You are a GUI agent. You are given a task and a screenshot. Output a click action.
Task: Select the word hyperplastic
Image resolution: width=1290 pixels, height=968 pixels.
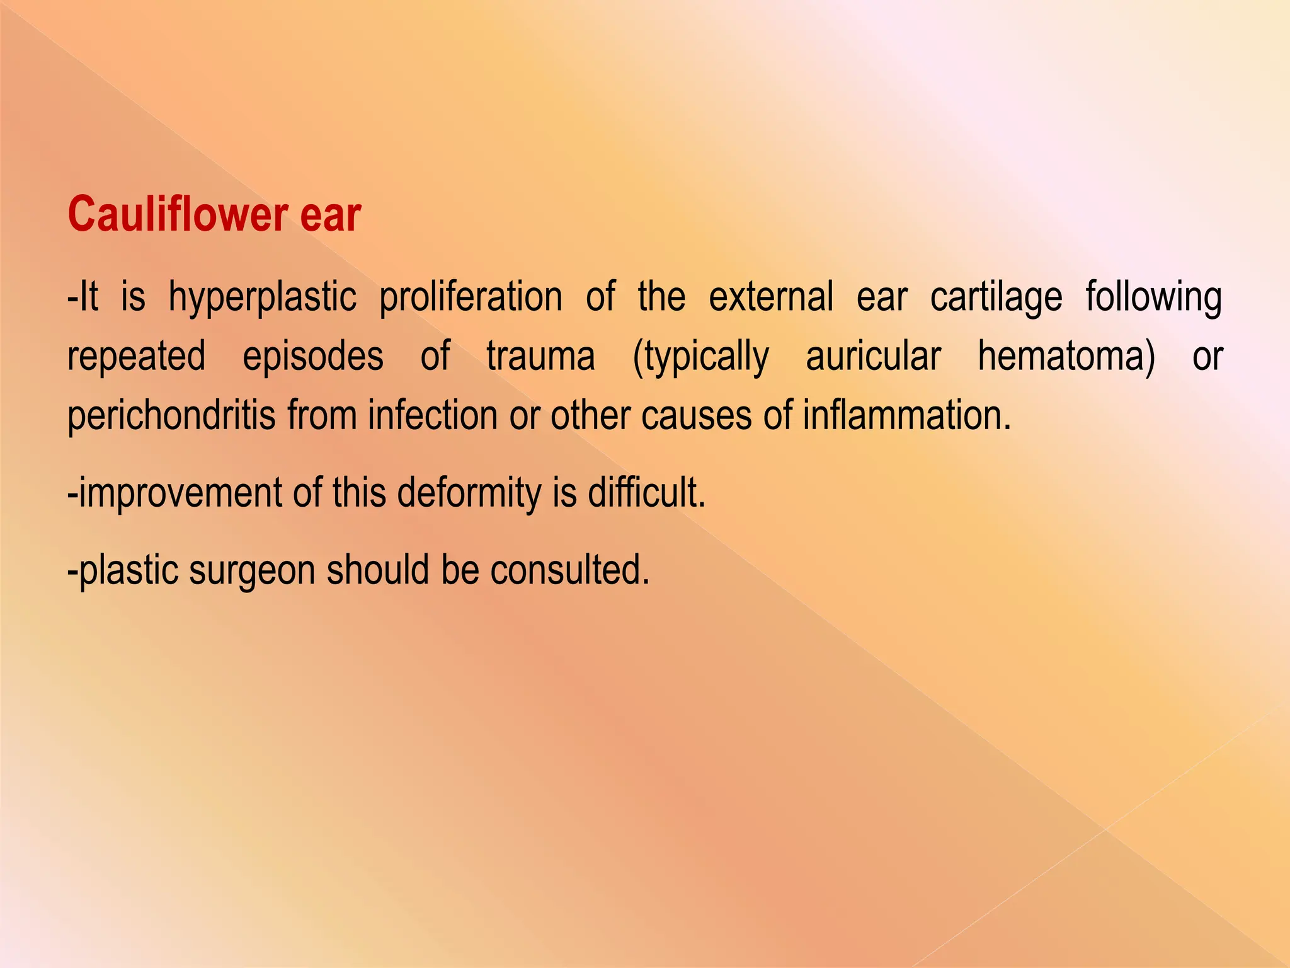(x=262, y=298)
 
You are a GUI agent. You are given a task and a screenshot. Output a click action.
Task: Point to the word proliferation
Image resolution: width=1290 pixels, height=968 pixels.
(x=471, y=298)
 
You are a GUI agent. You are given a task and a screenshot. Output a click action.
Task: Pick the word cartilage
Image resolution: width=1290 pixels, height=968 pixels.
(x=996, y=298)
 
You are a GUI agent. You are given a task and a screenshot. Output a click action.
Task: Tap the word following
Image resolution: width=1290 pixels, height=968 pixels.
(x=1153, y=298)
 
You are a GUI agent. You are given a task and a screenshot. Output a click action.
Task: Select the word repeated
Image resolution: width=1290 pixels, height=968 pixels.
(x=137, y=357)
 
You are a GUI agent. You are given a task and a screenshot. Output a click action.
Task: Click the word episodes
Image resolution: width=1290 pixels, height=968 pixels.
(x=313, y=357)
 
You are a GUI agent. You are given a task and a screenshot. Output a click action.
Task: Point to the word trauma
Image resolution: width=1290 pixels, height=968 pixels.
(x=540, y=356)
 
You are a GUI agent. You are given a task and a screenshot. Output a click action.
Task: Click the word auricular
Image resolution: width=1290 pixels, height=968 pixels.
(x=874, y=356)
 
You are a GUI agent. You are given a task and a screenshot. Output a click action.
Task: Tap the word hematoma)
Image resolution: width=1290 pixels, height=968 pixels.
(x=1066, y=357)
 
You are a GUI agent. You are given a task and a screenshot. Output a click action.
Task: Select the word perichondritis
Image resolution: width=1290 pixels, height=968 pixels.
(x=171, y=417)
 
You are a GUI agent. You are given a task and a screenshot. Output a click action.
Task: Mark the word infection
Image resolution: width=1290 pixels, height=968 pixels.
(x=433, y=415)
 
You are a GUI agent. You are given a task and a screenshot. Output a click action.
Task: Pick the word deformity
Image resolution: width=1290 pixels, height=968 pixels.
(x=469, y=493)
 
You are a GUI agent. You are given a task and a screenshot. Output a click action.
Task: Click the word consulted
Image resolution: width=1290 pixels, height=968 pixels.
(x=569, y=570)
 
